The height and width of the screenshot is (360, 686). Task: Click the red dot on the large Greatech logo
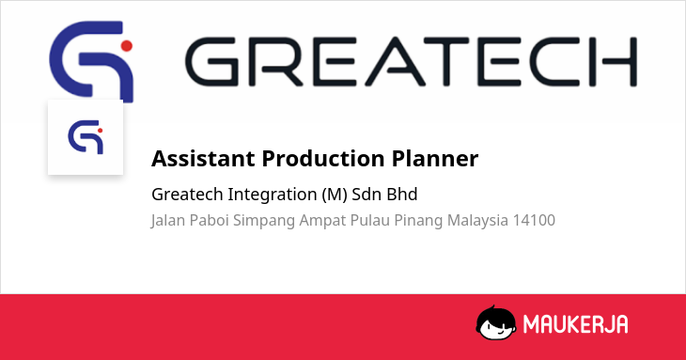127,46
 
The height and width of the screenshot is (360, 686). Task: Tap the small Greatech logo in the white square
86,137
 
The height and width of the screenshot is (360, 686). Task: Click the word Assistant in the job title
203,158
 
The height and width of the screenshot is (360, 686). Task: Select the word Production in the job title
323,158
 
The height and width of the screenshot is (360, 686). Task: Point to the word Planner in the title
435,158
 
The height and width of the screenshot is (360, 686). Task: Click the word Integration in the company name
273,195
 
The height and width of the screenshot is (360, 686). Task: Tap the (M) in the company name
335,195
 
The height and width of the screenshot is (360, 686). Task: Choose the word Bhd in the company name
402,195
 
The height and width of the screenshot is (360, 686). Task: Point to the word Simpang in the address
264,221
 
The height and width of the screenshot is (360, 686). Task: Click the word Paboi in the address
210,220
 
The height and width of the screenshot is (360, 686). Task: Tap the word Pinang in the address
419,221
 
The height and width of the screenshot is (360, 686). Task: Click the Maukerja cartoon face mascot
496,322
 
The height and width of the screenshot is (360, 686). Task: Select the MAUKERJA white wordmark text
576,324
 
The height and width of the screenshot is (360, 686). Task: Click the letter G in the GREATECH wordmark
211,61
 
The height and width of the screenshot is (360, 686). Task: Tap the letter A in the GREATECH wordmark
396,61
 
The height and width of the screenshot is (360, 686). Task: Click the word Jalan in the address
168,221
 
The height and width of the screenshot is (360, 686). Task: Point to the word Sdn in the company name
366,195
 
